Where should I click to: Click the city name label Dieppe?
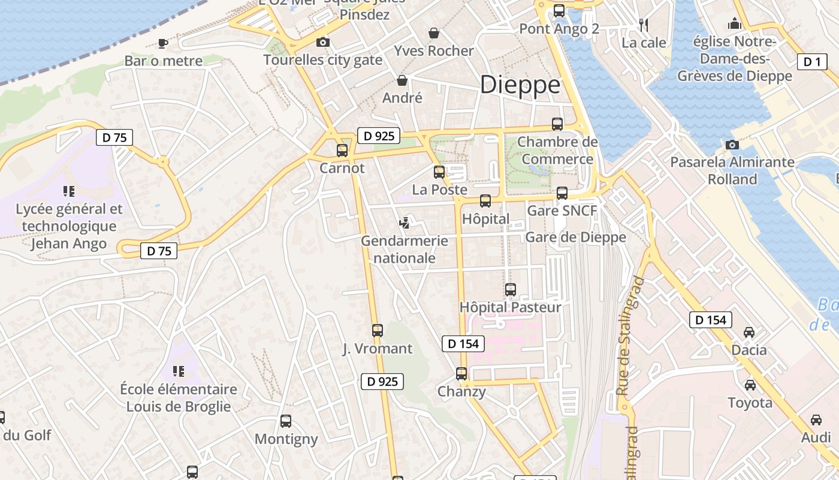tap(520, 85)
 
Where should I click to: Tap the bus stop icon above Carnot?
tap(342, 151)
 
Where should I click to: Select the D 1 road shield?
tap(812, 61)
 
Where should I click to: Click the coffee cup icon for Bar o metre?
tap(162, 43)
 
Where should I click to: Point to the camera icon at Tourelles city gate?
tap(322, 42)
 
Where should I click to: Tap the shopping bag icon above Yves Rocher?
tap(434, 33)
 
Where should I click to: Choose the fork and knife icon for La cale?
tap(644, 25)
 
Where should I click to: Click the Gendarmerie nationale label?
tap(404, 249)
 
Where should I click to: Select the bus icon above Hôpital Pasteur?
tap(511, 290)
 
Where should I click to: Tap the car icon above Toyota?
tap(750, 385)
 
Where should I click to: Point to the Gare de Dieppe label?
tap(575, 237)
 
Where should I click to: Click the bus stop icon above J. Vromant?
tap(378, 331)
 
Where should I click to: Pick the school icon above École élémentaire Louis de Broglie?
tap(178, 371)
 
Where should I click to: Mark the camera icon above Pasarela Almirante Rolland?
tap(732, 145)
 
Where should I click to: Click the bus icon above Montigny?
tap(286, 421)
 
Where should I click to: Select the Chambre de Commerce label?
tap(557, 151)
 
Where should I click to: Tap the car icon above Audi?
tap(816, 420)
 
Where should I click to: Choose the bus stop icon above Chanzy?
tap(461, 374)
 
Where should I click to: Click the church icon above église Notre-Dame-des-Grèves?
tap(734, 24)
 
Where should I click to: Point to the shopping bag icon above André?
tap(402, 80)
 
